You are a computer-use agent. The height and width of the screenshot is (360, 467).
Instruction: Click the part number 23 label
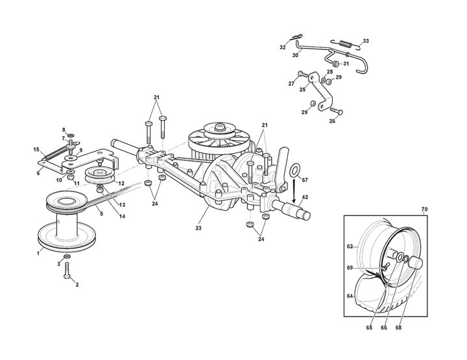tap(198, 228)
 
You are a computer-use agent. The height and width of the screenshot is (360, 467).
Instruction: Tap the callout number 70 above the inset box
tap(424, 210)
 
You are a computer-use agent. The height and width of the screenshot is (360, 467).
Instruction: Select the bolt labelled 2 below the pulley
tap(67, 270)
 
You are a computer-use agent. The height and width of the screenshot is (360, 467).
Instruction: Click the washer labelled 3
tap(67, 257)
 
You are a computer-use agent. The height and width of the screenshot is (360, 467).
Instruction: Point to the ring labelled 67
tap(294, 170)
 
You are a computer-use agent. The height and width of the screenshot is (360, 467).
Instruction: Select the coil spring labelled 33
tap(346, 43)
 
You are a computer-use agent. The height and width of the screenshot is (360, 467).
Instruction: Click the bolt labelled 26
tap(336, 111)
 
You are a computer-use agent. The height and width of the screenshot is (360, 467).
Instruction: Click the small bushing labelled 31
tap(336, 64)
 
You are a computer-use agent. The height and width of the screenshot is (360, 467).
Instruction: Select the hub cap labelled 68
tap(416, 263)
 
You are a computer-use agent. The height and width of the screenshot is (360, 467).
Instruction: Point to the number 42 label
tap(305, 197)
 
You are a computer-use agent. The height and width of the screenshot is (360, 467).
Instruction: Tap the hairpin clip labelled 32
tap(296, 38)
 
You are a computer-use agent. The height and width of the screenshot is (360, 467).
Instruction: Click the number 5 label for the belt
tap(102, 214)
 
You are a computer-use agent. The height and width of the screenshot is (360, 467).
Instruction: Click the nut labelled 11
tap(71, 177)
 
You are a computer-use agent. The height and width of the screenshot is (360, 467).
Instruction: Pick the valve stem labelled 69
tap(385, 267)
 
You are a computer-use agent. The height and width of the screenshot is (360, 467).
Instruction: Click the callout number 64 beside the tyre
tap(350, 296)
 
